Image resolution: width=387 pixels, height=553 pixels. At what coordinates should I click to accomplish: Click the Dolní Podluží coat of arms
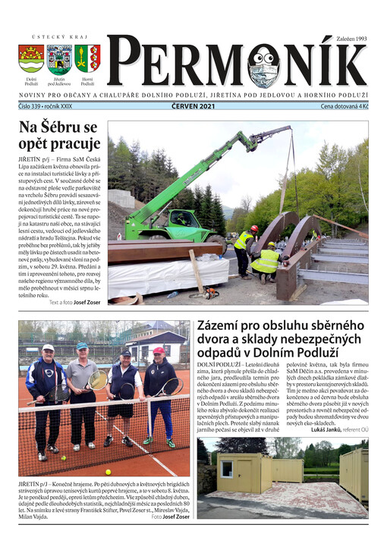coord(31,58)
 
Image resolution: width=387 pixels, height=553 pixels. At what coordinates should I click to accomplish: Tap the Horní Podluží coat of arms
coord(87,58)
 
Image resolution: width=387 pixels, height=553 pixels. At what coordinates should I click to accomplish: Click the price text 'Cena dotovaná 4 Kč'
coord(344,106)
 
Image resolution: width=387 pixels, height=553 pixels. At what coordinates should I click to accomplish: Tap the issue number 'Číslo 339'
coord(33,106)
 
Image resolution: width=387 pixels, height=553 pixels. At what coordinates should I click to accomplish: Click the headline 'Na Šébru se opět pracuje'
coord(59,135)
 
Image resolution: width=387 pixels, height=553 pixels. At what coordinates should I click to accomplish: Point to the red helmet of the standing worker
coord(254,228)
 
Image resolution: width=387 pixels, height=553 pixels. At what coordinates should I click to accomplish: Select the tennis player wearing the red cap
coord(159,394)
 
